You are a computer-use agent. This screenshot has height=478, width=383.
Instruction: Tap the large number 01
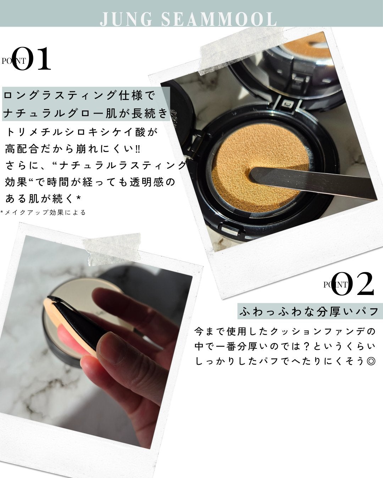pyautogui.click(x=32, y=59)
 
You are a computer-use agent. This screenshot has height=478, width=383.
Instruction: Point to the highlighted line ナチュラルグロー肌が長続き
pyautogui.click(x=85, y=113)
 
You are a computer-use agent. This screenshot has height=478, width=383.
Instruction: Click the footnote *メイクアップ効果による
pyautogui.click(x=43, y=212)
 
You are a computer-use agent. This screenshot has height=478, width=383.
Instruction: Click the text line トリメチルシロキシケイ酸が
pyautogui.click(x=82, y=132)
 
